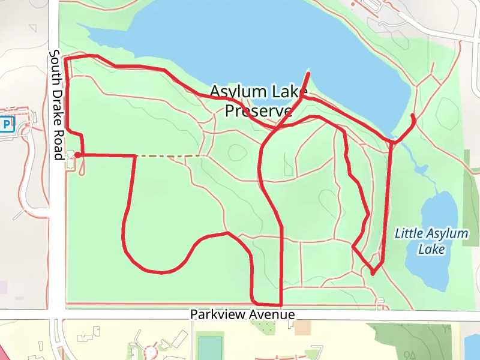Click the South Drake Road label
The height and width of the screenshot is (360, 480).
(x=56, y=104)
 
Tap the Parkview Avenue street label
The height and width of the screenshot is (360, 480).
(x=242, y=314)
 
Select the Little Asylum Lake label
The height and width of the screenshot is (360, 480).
(x=431, y=240)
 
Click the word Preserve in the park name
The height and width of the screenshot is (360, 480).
(x=258, y=111)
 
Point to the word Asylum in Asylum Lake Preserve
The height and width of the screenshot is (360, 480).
(x=238, y=92)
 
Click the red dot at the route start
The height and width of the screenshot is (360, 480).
(x=77, y=155)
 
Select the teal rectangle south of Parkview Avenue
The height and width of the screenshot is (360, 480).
(x=209, y=347)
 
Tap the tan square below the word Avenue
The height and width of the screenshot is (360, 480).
(x=303, y=328)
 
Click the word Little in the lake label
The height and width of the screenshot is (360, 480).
(x=409, y=233)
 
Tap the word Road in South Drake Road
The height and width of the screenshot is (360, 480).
(x=57, y=146)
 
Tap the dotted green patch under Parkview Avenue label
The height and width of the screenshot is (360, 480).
(x=263, y=326)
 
